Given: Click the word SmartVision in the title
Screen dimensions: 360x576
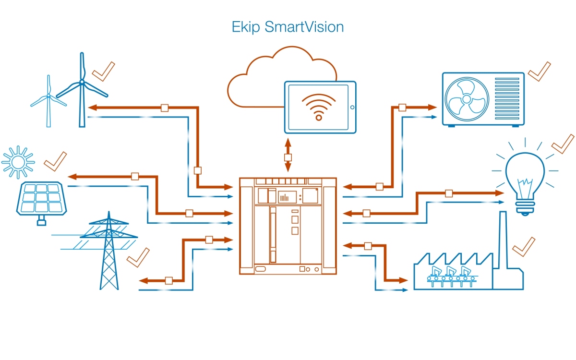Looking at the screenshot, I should click(x=304, y=27).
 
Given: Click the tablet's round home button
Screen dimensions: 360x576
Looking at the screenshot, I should click(x=351, y=107).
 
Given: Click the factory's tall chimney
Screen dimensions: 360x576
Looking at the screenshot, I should click(x=503, y=240).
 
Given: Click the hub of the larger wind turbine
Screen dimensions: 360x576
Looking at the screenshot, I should click(x=82, y=83).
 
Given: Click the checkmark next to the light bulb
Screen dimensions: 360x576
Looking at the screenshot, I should click(x=563, y=144).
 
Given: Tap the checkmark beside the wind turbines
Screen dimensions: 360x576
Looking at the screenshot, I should click(x=103, y=71).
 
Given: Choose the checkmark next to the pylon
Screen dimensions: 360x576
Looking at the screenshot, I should click(x=138, y=258).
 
